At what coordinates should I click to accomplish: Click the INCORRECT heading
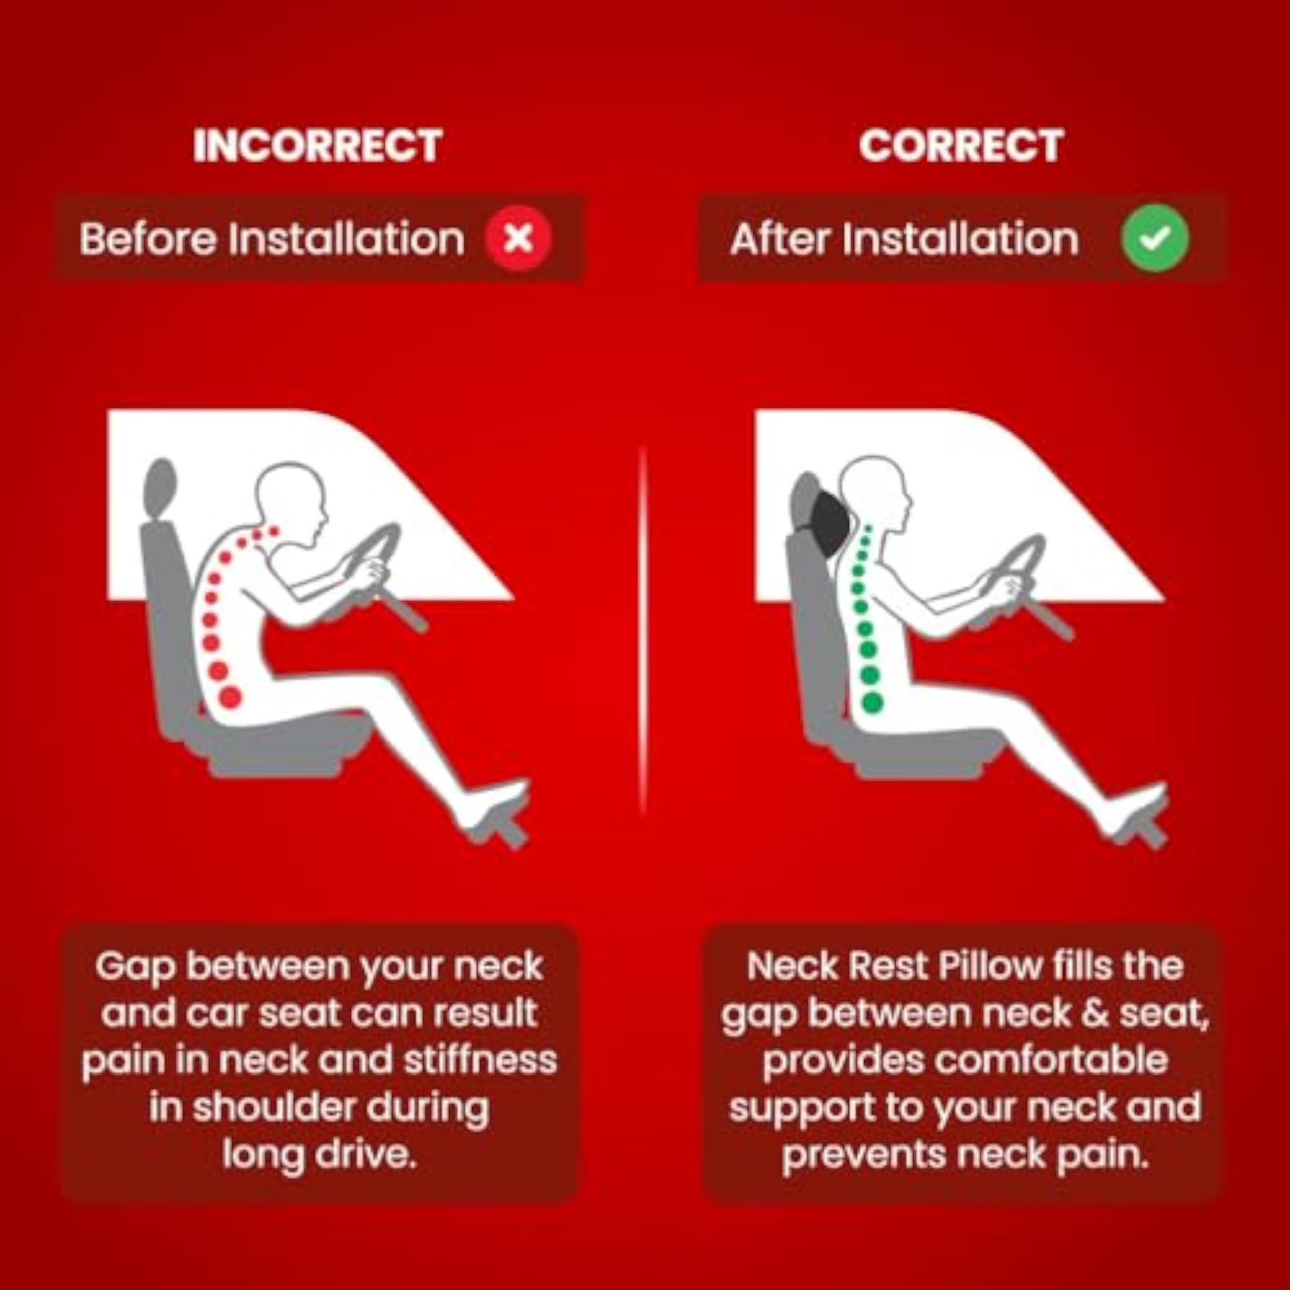point(318,145)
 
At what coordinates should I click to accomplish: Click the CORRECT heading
point(962,145)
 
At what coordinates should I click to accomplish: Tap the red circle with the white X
point(519,239)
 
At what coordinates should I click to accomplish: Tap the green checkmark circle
point(1155,239)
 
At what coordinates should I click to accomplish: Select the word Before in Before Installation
point(148,239)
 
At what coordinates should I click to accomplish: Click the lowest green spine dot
point(873,701)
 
